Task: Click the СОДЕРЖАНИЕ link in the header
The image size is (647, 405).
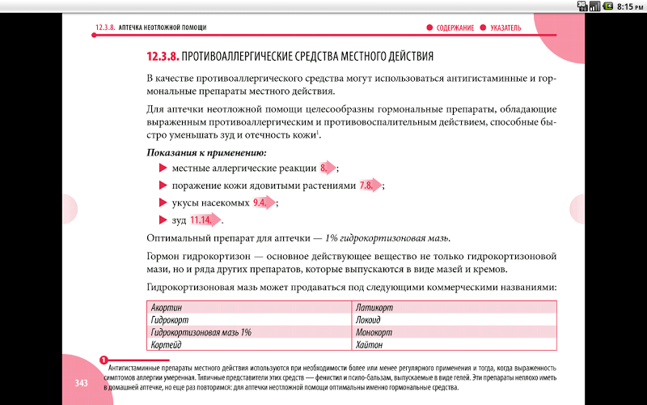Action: [x=455, y=28]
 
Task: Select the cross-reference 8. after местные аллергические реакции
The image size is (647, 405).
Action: [x=328, y=168]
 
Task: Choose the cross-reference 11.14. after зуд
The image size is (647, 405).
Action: [x=202, y=220]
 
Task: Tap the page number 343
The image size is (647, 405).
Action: [x=82, y=382]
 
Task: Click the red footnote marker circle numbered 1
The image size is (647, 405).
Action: [x=104, y=360]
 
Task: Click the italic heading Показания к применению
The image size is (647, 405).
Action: [x=206, y=152]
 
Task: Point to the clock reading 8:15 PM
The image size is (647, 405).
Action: [x=628, y=6]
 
